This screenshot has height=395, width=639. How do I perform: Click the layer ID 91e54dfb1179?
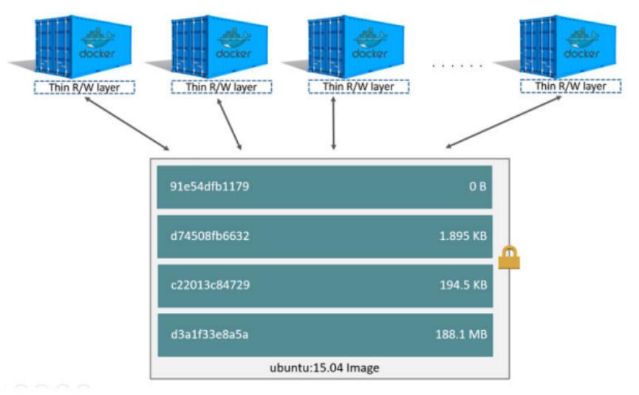tap(208, 186)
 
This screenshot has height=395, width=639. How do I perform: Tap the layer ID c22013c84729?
tap(209, 286)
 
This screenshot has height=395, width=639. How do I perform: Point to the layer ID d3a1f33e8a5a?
tap(209, 334)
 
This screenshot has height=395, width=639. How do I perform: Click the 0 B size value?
tap(478, 186)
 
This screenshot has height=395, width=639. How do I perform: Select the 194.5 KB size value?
tap(462, 286)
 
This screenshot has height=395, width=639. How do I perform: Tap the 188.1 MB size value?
tap(461, 334)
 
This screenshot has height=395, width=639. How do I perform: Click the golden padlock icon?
tap(508, 258)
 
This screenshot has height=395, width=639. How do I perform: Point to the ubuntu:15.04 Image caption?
tap(324, 367)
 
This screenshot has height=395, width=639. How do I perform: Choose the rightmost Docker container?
tap(569, 46)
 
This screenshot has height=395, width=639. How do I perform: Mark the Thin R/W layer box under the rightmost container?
tap(570, 87)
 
